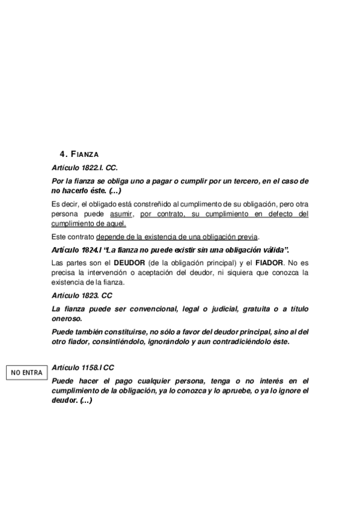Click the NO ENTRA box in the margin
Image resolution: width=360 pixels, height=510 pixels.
(26, 373)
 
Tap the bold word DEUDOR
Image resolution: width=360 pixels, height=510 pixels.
(129, 262)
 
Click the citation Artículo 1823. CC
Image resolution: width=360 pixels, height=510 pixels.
(82, 296)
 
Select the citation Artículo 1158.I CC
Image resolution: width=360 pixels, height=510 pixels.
(83, 366)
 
